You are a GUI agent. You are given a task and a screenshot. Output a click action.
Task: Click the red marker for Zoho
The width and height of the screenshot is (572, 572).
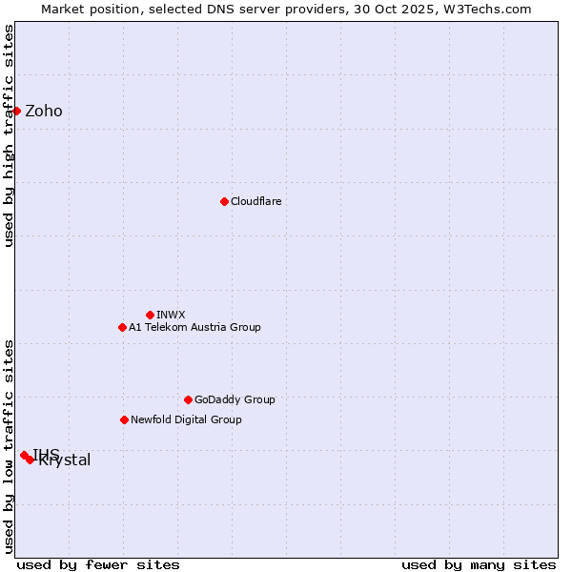[x=16, y=111]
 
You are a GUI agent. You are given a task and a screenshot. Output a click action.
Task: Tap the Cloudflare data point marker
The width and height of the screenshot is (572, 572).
[x=224, y=201]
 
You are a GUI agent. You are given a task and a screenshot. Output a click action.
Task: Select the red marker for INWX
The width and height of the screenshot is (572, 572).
[x=150, y=315]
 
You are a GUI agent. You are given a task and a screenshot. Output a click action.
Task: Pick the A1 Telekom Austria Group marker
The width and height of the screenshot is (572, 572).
[x=122, y=327]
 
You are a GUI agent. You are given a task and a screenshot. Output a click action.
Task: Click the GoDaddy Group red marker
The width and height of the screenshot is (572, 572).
[x=188, y=399]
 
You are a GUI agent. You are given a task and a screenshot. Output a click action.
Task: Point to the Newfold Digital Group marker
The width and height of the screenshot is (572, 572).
[x=124, y=419]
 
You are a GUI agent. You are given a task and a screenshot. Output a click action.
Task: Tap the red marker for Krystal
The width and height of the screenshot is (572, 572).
[x=30, y=460]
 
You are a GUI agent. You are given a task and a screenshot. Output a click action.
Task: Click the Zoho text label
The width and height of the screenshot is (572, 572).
[x=44, y=111]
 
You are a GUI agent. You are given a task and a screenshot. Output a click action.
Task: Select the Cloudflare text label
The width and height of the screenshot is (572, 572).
[x=255, y=201]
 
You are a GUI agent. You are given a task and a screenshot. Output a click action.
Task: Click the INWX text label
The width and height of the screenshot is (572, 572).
[x=171, y=315]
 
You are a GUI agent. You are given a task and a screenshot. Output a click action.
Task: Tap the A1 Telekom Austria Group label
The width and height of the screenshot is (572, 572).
[x=194, y=327]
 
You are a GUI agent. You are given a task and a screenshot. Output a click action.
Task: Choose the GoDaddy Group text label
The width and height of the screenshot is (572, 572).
[x=235, y=399]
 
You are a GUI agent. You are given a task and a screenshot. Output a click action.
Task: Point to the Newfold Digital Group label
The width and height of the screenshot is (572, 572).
[x=186, y=419]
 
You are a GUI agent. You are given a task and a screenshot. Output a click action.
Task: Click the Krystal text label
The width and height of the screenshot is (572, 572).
[x=65, y=460]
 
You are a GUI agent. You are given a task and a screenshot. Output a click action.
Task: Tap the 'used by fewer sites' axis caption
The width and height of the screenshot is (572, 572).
[x=98, y=564]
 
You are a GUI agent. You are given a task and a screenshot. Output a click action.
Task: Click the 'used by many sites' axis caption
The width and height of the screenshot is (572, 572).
[x=479, y=564]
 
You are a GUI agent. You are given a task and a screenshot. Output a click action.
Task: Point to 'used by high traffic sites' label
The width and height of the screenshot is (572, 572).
[x=9, y=135]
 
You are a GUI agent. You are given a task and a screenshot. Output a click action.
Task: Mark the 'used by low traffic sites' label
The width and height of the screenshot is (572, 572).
[x=9, y=445]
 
